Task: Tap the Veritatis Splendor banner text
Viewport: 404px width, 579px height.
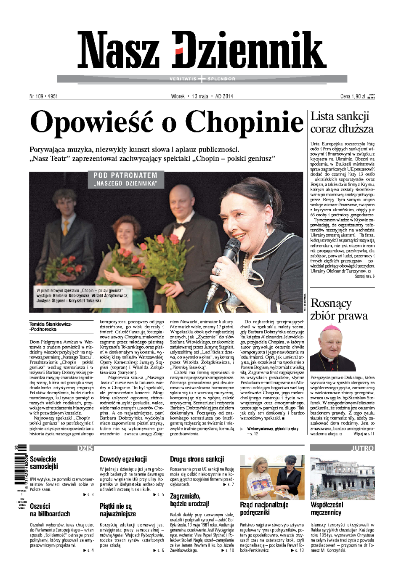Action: pos(202,79)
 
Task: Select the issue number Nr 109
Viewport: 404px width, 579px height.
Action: pos(37,96)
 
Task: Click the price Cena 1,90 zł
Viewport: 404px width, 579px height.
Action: pos(353,96)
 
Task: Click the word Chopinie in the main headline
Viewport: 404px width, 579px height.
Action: pos(244,122)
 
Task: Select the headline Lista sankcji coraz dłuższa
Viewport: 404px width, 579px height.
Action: pos(342,122)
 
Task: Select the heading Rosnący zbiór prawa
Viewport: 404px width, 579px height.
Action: pos(339,309)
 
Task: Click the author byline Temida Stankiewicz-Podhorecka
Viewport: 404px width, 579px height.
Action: pos(50,327)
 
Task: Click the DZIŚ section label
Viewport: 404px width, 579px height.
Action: pos(85,448)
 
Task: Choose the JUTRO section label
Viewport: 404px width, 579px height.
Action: pos(362,448)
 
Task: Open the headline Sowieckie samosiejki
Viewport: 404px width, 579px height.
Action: pos(44,463)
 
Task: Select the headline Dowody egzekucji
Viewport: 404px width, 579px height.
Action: pos(123,459)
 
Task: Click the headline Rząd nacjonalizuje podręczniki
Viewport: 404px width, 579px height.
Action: pos(264,508)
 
